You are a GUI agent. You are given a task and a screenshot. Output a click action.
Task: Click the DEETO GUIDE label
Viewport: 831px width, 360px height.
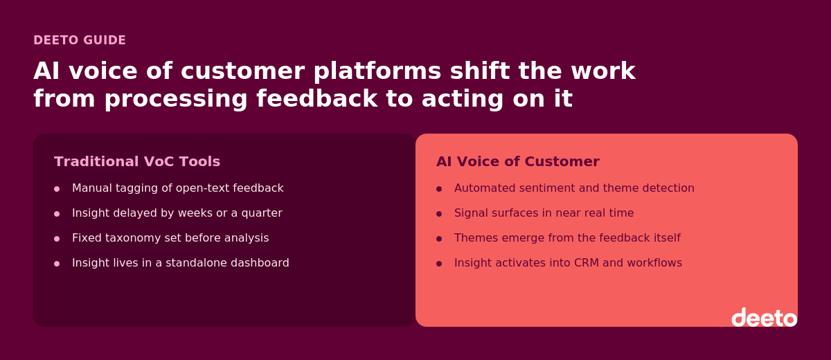(80, 40)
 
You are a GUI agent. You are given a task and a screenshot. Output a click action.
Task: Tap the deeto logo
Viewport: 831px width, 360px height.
(765, 317)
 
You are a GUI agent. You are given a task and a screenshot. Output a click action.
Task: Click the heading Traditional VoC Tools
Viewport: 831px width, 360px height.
(137, 161)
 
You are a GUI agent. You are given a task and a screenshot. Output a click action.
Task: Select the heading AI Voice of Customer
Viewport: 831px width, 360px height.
(518, 161)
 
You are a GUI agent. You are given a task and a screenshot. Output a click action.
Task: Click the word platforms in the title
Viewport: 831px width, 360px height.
(377, 71)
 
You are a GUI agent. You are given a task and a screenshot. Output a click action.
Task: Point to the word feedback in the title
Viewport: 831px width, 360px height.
(317, 98)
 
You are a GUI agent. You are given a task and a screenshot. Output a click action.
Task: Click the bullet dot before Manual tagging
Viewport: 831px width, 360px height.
(57, 189)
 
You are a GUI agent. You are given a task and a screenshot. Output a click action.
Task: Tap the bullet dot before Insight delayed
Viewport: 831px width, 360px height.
(57, 214)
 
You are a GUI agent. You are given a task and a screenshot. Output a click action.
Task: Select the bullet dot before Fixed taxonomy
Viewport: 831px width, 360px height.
(57, 239)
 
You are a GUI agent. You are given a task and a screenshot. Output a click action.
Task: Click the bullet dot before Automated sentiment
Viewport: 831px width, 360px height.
(439, 189)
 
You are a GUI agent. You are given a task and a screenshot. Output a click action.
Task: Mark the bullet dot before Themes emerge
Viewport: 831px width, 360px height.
(439, 239)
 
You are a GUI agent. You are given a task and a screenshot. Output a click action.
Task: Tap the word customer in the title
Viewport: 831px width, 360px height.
(242, 71)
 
